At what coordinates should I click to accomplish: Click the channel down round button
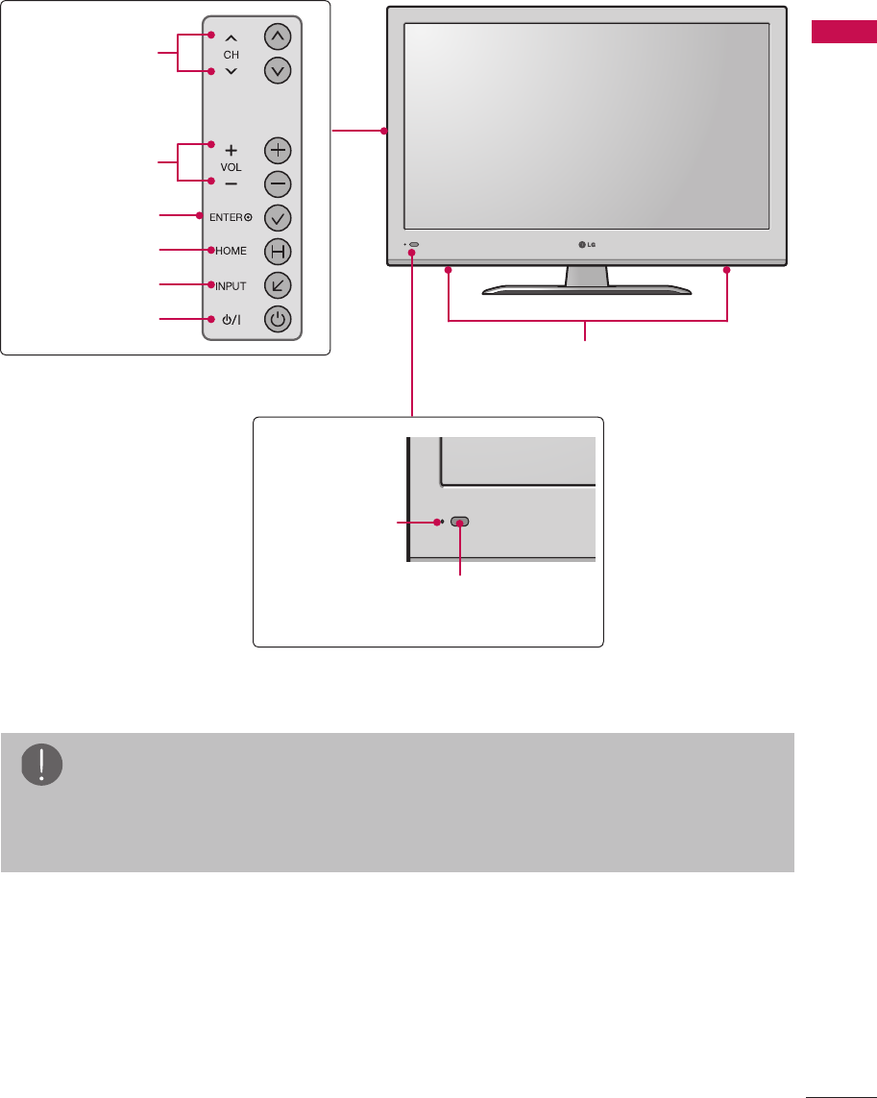[x=277, y=70]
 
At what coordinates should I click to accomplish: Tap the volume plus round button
[x=277, y=151]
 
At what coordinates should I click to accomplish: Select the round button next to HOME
[x=277, y=252]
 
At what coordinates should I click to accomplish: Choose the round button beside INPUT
[x=277, y=285]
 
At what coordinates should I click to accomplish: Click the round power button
[x=277, y=320]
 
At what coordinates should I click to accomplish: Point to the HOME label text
[x=231, y=251]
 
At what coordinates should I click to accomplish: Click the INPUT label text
[x=231, y=285]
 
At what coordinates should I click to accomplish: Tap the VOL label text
[x=231, y=166]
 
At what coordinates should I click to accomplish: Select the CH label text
[x=231, y=55]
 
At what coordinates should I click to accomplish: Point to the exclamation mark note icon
[x=41, y=765]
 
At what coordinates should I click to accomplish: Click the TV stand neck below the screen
[x=587, y=276]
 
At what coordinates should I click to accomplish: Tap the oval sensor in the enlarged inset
[x=461, y=522]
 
